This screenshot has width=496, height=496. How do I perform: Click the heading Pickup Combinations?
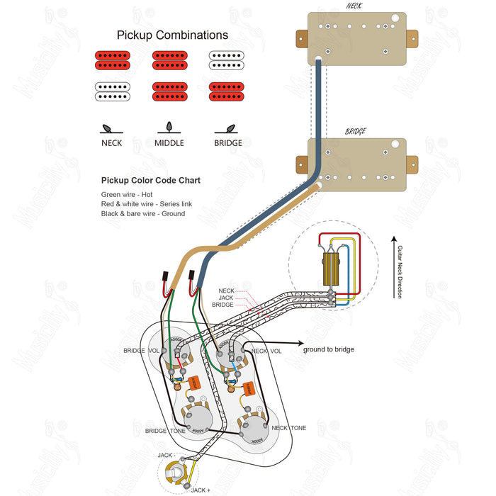172,35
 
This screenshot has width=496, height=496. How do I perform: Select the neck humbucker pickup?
357,38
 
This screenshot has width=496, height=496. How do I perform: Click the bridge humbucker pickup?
357,162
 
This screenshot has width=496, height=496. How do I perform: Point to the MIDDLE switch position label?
169,142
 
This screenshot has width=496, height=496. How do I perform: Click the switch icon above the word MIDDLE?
169,128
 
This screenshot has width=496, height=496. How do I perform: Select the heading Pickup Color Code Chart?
150,180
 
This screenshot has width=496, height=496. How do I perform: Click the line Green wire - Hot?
126,194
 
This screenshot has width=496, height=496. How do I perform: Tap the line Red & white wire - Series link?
146,204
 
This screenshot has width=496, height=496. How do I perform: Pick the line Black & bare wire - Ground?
142,213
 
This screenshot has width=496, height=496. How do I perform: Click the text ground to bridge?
328,349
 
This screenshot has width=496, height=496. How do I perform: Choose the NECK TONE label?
289,428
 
